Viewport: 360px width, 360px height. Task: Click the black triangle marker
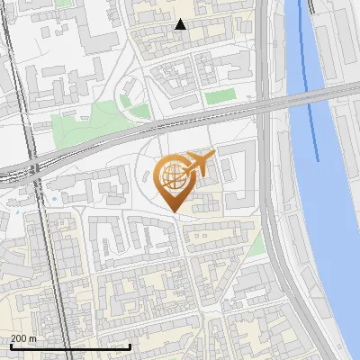coord(181,24)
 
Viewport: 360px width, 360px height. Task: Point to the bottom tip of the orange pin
coord(173,211)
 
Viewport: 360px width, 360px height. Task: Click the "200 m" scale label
coord(24,338)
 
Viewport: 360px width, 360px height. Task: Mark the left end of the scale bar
coord(10,346)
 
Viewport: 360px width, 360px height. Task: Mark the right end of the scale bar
coord(130,346)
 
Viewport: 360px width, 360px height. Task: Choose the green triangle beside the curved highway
coord(257,243)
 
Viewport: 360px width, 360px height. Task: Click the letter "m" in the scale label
coord(32,338)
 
